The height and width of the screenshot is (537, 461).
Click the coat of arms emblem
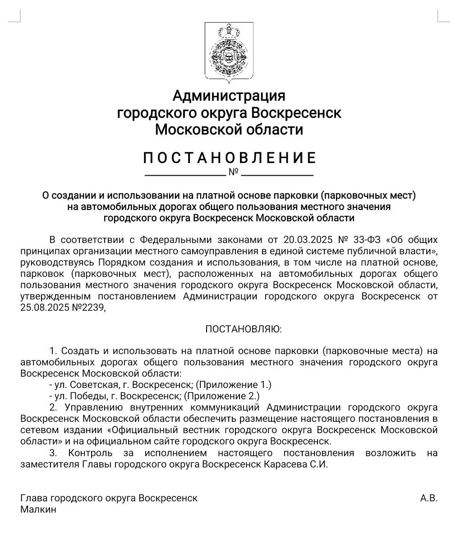coord(229,52)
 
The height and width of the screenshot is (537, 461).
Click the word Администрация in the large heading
coord(229,96)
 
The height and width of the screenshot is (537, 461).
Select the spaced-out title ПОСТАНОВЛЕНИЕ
coord(230,158)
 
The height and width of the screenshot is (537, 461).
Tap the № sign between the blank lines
coord(233,172)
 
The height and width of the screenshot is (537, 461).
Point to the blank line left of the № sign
coord(185,175)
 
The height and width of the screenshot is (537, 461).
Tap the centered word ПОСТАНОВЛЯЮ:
coord(243,329)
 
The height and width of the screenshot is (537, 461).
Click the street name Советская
coord(86,385)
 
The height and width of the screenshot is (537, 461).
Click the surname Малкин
coord(38,509)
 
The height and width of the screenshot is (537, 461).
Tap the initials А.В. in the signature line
coord(429,498)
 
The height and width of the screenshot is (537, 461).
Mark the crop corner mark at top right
coord(443,16)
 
